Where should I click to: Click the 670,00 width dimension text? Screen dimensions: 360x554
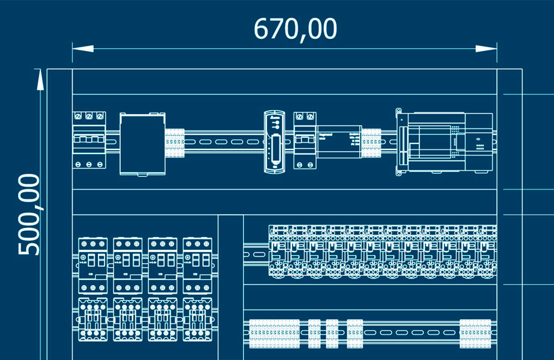pyautogui.click(x=295, y=29)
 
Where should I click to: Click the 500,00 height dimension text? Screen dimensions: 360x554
pyautogui.click(x=29, y=214)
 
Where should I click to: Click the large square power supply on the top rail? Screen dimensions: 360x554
pyautogui.click(x=143, y=144)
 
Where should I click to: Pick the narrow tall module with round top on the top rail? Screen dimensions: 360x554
pyautogui.click(x=274, y=141)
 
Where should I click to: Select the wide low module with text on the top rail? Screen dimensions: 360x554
pyautogui.click(x=338, y=141)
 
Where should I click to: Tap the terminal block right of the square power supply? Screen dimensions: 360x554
pyautogui.click(x=175, y=143)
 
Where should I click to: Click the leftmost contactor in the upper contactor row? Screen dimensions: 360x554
pyautogui.click(x=93, y=265)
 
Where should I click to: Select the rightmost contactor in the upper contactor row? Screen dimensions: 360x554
pyautogui.click(x=197, y=265)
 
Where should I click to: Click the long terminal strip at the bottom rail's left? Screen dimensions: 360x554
pyautogui.click(x=274, y=333)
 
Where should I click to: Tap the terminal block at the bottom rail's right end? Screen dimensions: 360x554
pyautogui.click(x=475, y=333)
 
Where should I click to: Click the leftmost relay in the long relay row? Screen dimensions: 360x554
pyautogui.click(x=278, y=250)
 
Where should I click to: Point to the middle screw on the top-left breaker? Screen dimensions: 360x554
pyautogui.click(x=89, y=116)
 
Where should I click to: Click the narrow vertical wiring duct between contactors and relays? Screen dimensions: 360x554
pyautogui.click(x=231, y=285)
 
